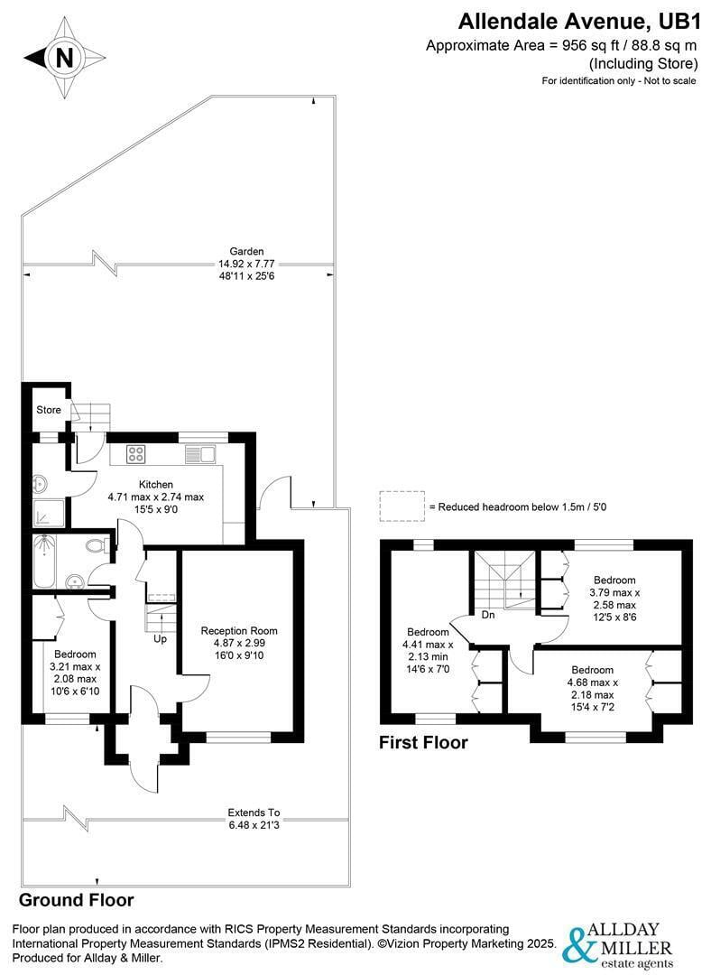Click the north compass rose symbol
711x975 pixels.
64,59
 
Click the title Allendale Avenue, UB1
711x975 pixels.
577,20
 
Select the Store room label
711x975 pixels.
49,410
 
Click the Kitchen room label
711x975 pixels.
155,484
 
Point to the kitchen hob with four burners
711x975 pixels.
136,454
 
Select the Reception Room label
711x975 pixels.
239,630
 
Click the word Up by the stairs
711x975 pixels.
160,638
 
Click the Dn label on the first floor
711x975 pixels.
488,615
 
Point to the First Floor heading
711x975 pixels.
424,743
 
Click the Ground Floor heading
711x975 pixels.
77,900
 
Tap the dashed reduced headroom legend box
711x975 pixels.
402,506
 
